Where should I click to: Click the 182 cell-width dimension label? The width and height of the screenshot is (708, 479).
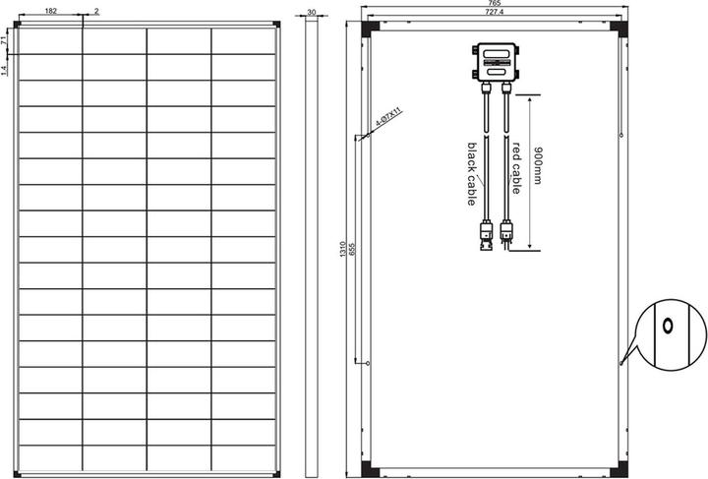pyautogui.click(x=50, y=10)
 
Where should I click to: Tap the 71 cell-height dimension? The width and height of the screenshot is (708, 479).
pyautogui.click(x=6, y=41)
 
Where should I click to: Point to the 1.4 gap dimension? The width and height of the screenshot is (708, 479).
pyautogui.click(x=6, y=70)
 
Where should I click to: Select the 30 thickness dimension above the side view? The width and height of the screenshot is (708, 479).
pyautogui.click(x=311, y=12)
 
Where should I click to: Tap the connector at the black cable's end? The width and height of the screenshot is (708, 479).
pyautogui.click(x=484, y=237)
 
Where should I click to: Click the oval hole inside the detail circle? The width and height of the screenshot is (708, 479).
pyautogui.click(x=668, y=326)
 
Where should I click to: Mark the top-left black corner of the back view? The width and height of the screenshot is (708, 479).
pyautogui.click(x=369, y=28)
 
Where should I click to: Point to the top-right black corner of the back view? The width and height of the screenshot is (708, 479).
pyautogui.click(x=618, y=28)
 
